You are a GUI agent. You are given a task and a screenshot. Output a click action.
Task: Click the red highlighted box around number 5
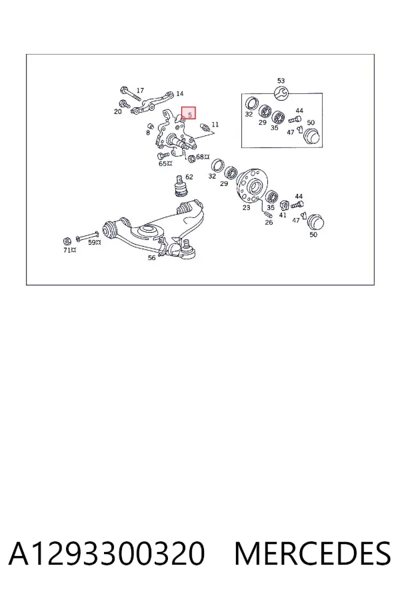coord(188,113)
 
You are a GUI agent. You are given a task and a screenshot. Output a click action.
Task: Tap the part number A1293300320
coord(107,554)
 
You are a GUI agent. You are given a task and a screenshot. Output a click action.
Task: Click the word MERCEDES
coord(313,554)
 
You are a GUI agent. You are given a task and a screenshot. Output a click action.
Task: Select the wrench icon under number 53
coord(281,92)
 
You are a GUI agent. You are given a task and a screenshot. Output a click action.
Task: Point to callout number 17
coord(140,90)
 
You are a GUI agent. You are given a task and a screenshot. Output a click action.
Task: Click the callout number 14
coord(180,93)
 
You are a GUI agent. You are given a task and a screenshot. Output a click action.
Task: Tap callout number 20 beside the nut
coord(117,111)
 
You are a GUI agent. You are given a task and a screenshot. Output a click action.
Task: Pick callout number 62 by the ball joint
coord(189,177)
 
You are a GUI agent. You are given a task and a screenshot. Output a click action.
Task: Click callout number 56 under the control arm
coord(151,258)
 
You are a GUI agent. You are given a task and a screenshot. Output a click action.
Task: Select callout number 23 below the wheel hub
coord(246,207)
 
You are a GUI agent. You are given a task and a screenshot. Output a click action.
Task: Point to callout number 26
coord(269,222)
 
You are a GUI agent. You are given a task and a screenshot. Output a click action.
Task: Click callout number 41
coord(283,215)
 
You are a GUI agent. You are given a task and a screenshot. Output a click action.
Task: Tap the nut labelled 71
coord(66,241)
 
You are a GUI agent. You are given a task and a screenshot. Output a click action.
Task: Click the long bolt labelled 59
coord(87,237)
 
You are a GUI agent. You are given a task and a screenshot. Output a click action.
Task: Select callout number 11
coord(215,125)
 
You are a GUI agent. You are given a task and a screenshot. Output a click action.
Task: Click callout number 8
coord(148,133)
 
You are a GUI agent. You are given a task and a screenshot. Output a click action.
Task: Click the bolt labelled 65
coord(163,156)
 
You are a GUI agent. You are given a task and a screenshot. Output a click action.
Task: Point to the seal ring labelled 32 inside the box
coord(251,103)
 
